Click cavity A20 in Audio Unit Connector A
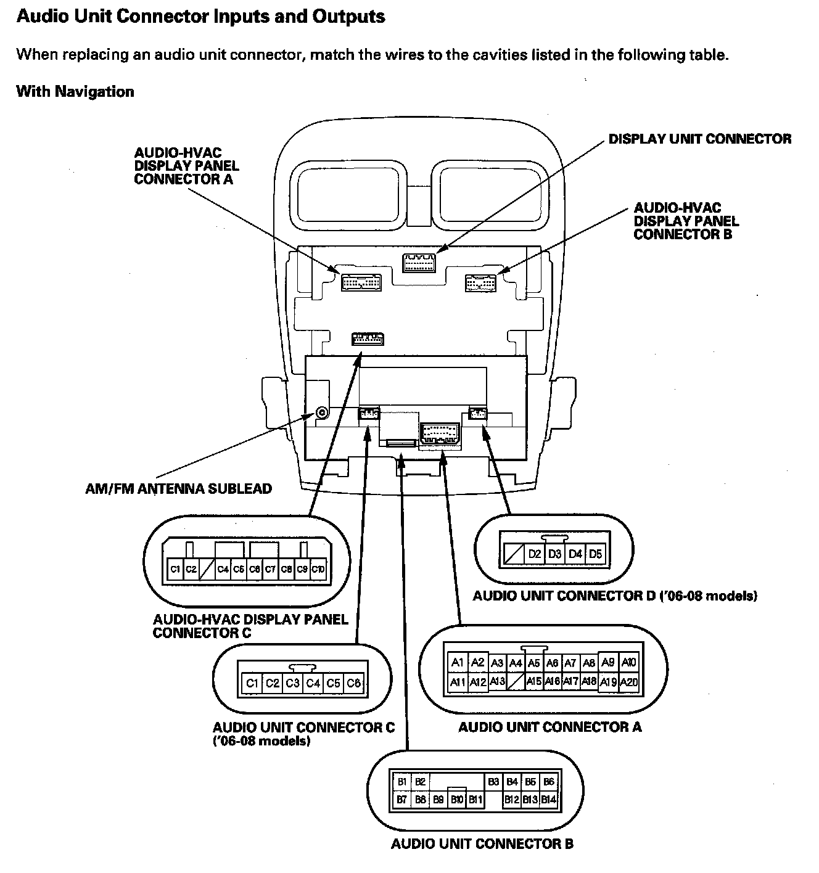click(628, 682)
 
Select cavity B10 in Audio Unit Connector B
click(457, 800)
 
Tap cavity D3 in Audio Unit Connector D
click(555, 554)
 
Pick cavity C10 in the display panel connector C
click(318, 569)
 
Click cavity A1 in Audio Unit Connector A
click(457, 662)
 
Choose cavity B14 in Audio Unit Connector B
click(548, 800)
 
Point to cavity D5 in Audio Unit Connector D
click(595, 554)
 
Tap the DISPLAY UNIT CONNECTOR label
click(699, 139)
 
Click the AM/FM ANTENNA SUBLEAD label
click(178, 489)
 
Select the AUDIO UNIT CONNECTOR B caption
click(482, 843)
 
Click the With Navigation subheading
click(75, 92)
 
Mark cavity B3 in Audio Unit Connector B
click(493, 782)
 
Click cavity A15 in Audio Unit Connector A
click(534, 682)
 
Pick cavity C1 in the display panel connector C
click(175, 569)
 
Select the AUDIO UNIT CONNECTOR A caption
click(549, 727)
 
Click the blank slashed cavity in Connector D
click(513, 554)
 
